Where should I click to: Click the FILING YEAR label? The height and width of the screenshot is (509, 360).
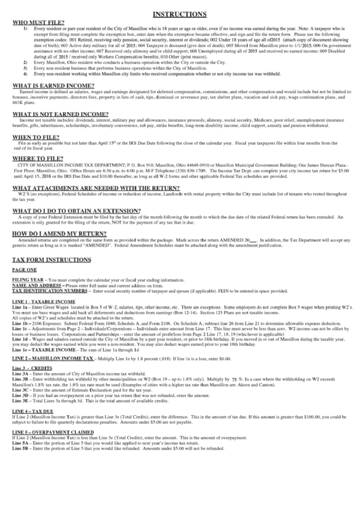(x=29, y=279)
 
